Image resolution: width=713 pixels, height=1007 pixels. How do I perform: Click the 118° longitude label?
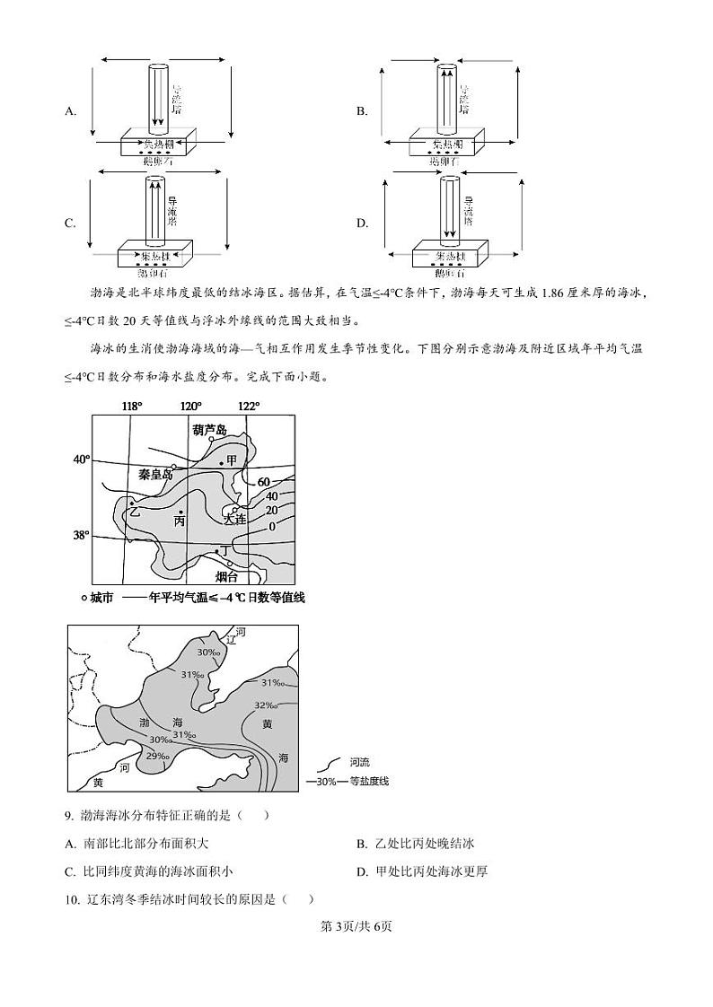coord(132,406)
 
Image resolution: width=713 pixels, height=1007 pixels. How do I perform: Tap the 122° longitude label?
coord(248,406)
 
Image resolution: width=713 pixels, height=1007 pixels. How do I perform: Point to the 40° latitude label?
coord(81,460)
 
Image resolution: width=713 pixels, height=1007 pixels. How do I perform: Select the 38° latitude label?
coord(81,536)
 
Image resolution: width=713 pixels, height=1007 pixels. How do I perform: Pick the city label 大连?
coord(234,519)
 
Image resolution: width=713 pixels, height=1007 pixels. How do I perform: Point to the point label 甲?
coord(232,460)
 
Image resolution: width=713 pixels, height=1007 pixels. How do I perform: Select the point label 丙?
coord(180,521)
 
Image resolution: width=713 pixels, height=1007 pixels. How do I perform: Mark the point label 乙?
coord(135,512)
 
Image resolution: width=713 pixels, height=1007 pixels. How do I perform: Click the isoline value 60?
coord(263,482)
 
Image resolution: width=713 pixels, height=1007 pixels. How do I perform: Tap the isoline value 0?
coord(271,526)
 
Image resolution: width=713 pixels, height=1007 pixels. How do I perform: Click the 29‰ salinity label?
coord(158,756)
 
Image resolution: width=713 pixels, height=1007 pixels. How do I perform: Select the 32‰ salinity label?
coord(264,705)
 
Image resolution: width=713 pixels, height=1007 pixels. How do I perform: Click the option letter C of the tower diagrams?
coord(70,223)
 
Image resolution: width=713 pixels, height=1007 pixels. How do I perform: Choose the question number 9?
coord(68,815)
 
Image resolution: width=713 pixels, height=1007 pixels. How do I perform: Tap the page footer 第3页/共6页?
coord(356,926)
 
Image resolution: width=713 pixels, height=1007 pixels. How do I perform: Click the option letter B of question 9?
coord(362,844)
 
